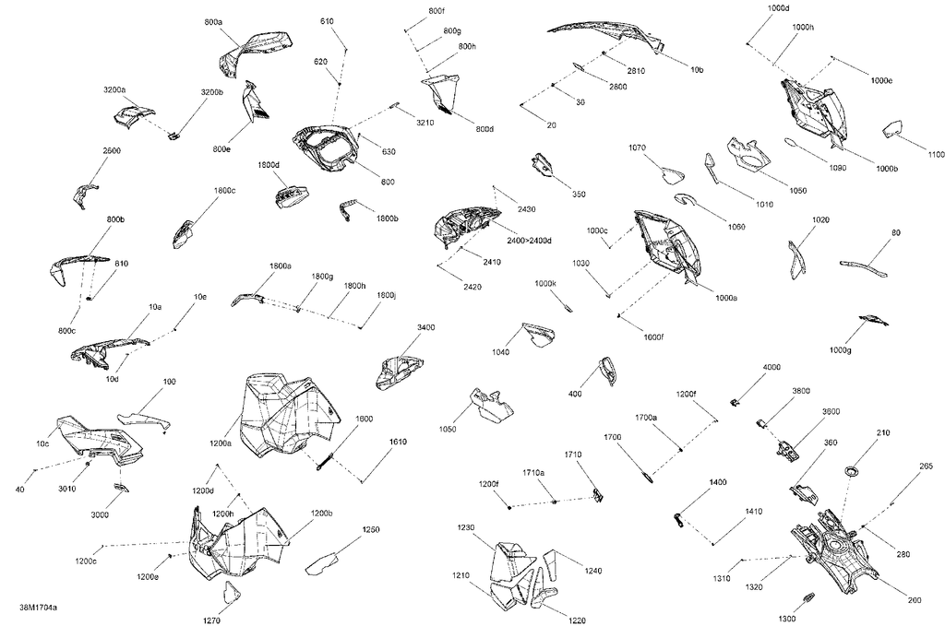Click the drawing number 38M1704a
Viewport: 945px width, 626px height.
38,608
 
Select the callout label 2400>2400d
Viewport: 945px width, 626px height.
529,241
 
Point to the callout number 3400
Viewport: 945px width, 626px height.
425,327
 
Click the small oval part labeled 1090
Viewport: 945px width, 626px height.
791,142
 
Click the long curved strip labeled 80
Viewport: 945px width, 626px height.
864,266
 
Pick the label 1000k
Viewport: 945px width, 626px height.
545,283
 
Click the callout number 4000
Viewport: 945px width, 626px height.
772,367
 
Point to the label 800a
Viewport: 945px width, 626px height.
213,22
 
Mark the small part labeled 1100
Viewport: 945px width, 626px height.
892,128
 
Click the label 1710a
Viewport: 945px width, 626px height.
533,473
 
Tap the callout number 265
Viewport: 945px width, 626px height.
927,466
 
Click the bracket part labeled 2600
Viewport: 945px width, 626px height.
82,195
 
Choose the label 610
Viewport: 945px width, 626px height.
327,22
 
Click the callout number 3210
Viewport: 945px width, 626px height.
425,123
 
